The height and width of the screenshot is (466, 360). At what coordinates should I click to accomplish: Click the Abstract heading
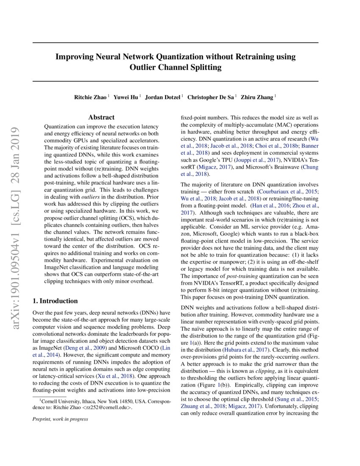(101, 117)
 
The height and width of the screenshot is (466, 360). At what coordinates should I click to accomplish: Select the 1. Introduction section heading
(55, 301)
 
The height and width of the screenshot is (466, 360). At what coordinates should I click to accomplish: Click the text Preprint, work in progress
(60, 419)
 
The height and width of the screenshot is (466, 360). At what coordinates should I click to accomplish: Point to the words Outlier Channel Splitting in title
(175, 67)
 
